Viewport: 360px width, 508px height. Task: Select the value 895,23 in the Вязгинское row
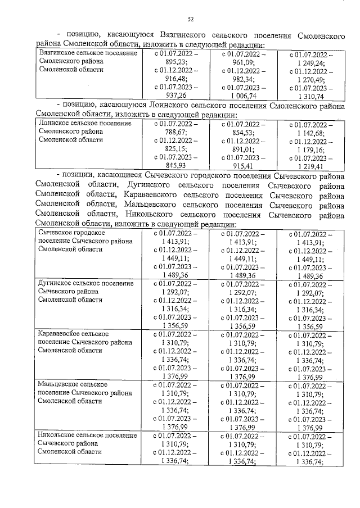pyautogui.click(x=175, y=62)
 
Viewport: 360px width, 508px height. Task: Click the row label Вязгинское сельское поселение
pyautogui.click(x=89, y=53)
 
